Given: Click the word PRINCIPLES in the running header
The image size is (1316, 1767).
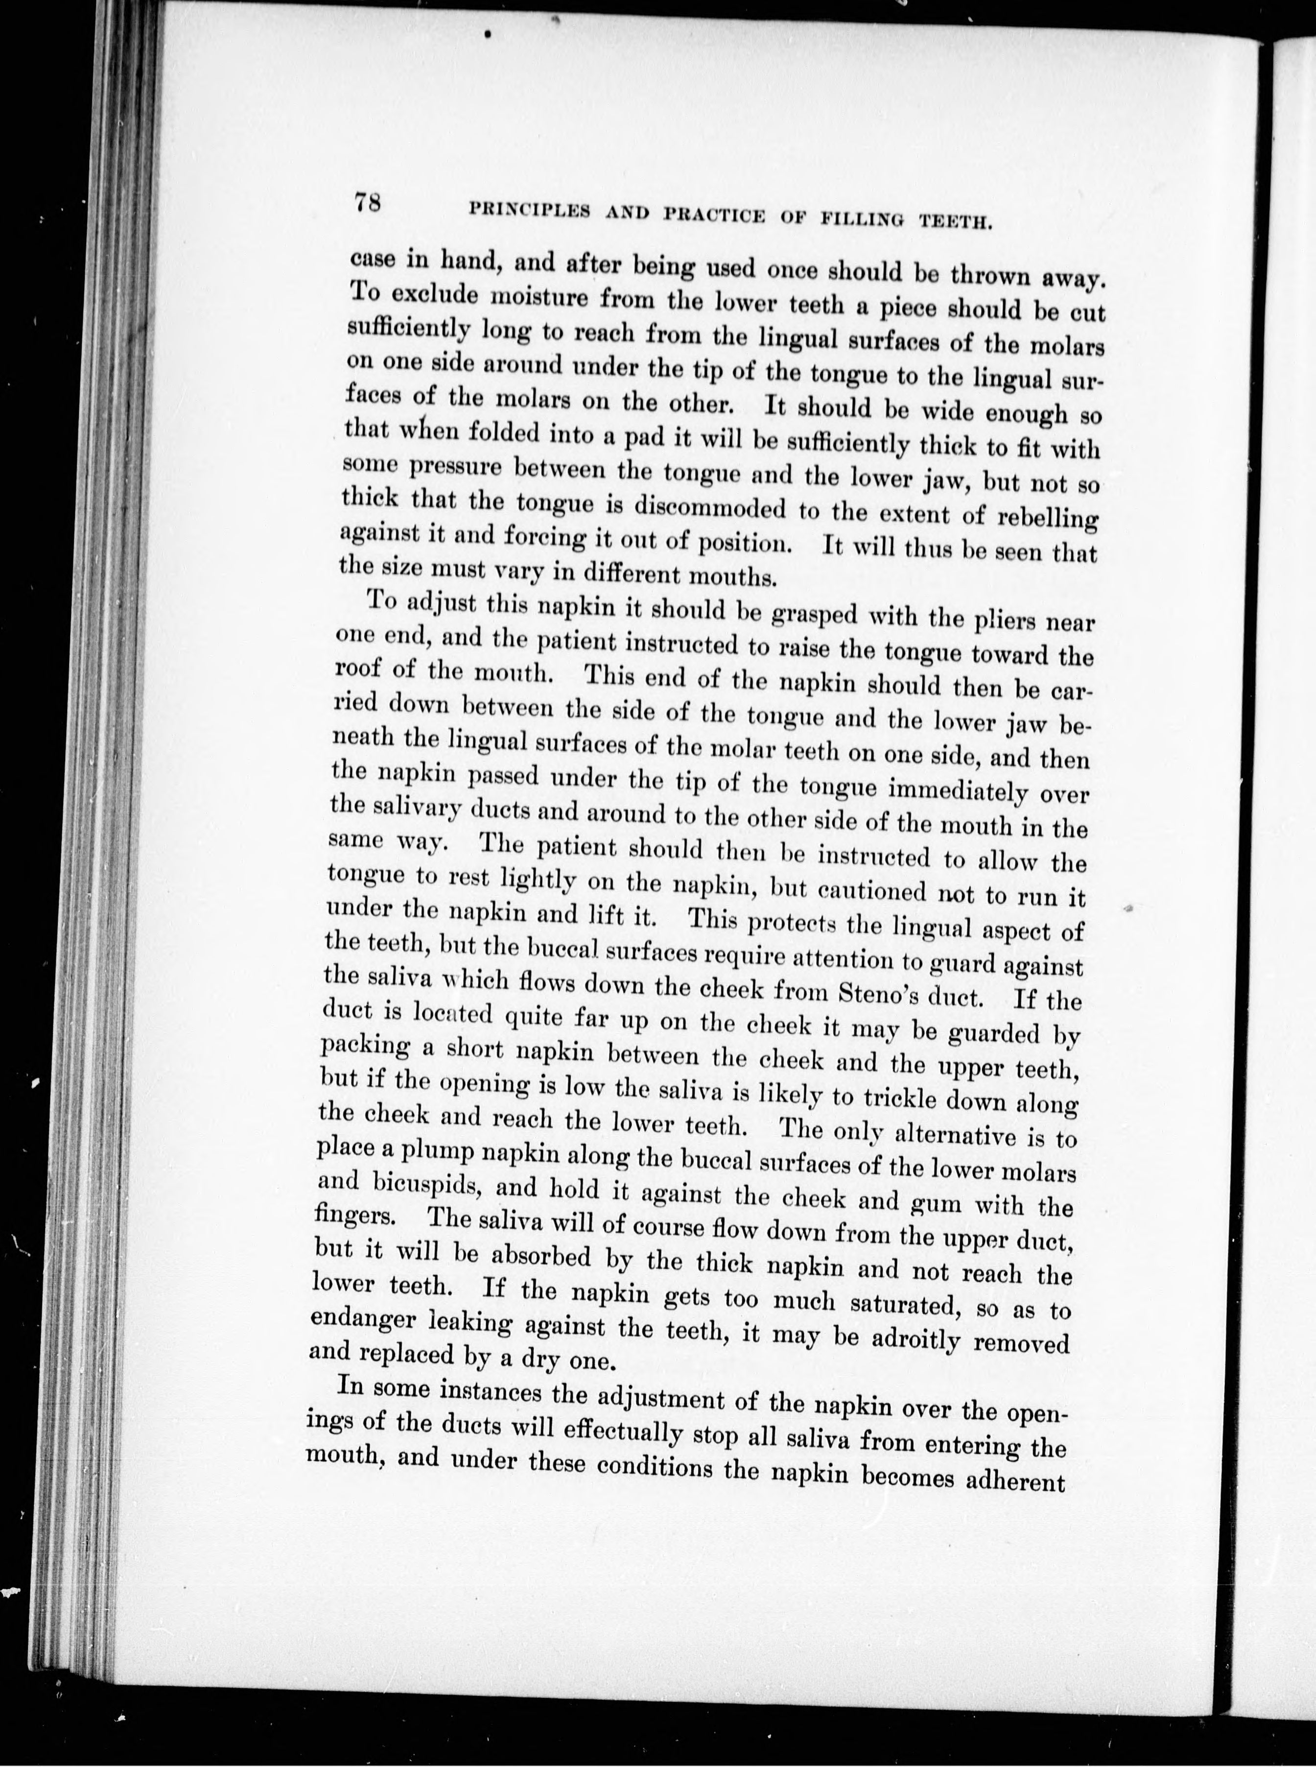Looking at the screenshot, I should click(x=530, y=210).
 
